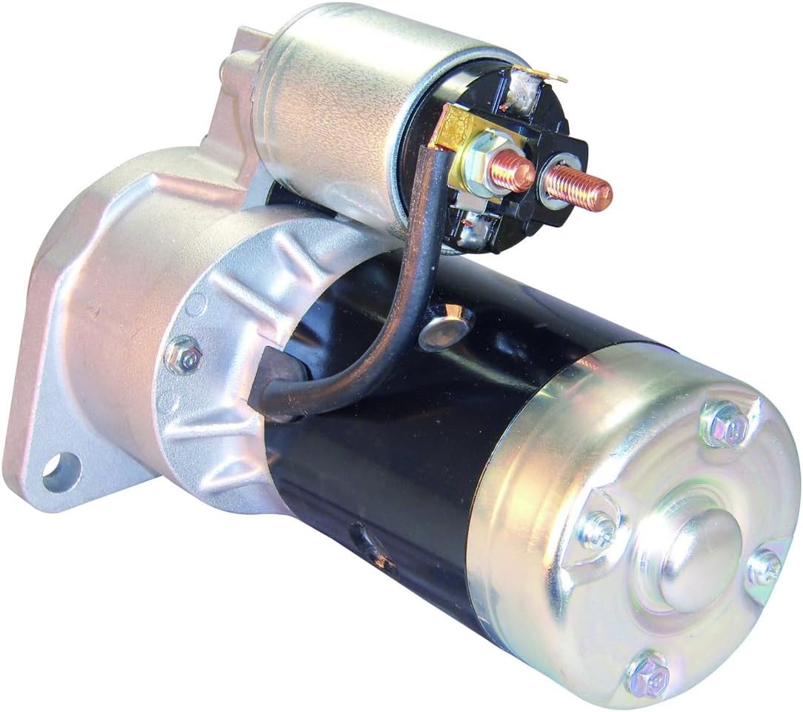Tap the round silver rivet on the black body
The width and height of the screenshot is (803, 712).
pyautogui.click(x=445, y=327)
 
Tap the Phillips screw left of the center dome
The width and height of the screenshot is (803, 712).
pyautogui.click(x=596, y=529)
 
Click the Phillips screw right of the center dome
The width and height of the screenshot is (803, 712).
pyautogui.click(x=763, y=568)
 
